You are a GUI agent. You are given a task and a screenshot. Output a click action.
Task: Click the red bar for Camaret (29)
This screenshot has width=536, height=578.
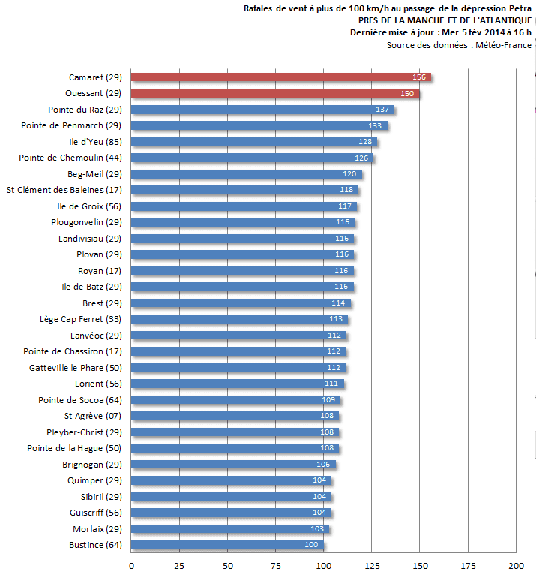(x=281, y=77)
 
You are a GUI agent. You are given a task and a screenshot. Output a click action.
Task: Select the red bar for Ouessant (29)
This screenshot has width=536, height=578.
(x=275, y=93)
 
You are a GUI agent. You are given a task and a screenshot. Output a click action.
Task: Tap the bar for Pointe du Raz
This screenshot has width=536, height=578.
(x=262, y=110)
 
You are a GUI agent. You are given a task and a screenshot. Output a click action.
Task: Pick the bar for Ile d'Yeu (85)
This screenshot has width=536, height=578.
(x=254, y=142)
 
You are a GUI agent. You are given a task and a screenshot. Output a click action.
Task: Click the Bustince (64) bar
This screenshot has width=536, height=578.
(x=228, y=544)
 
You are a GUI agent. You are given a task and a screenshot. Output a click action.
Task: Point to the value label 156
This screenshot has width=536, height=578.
(x=419, y=77)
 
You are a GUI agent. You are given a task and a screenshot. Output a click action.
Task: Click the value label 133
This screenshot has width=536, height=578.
(x=375, y=125)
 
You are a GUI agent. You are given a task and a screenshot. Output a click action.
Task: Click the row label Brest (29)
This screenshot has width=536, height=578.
(x=102, y=303)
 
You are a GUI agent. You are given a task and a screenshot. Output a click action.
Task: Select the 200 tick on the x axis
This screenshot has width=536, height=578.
(x=516, y=565)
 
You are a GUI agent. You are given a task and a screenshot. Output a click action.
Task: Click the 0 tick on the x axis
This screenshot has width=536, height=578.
(x=132, y=565)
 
